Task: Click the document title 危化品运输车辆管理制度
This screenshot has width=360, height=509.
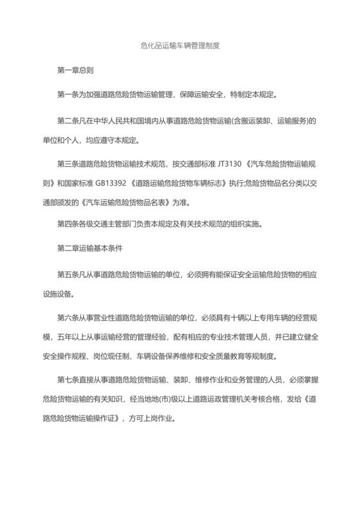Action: click(x=180, y=46)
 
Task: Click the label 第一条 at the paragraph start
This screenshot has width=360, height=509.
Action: click(x=67, y=96)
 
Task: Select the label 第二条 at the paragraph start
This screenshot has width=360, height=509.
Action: click(x=67, y=121)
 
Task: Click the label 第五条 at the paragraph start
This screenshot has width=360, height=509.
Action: click(x=67, y=271)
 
